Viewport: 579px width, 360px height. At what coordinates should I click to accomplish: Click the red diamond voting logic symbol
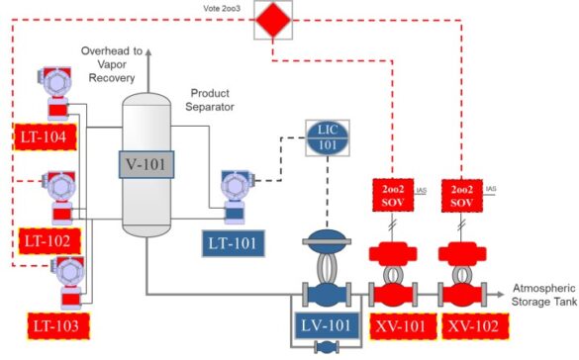click(269, 19)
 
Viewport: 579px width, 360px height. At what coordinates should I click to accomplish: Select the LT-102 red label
click(46, 240)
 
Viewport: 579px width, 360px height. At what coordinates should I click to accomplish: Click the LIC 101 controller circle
click(328, 137)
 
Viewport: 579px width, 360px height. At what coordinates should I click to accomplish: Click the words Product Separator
click(215, 99)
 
